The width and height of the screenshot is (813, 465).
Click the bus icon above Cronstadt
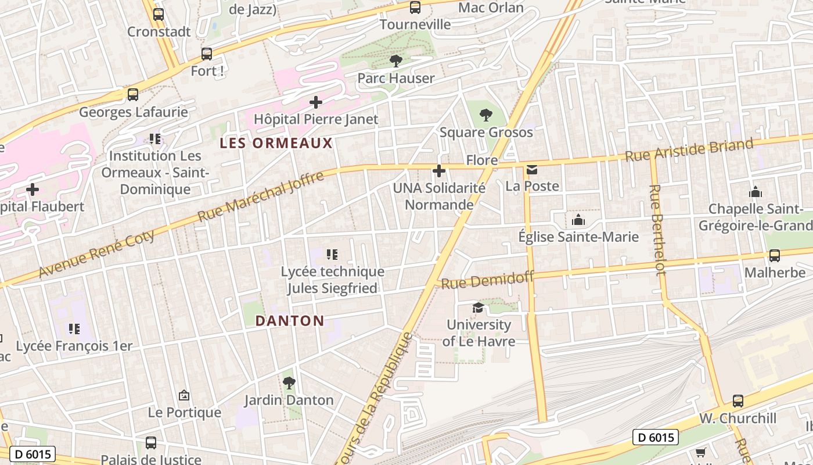[x=159, y=15]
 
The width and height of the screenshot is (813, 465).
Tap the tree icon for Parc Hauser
[x=395, y=60]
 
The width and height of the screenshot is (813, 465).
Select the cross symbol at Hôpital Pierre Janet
[x=316, y=103]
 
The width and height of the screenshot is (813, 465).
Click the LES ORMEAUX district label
[x=276, y=143]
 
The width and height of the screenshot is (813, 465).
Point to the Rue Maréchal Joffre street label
[x=261, y=196]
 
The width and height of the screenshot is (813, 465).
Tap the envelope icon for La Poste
[x=532, y=170]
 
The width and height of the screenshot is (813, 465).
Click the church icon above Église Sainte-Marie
[x=578, y=220]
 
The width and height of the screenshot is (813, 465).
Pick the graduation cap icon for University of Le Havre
[x=478, y=307]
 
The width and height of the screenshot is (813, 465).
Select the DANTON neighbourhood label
[x=290, y=321]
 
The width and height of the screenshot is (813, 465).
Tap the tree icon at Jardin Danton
[x=289, y=383]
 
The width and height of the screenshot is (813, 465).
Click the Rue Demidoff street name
[x=487, y=280]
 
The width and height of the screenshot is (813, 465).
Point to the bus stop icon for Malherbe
[x=774, y=256]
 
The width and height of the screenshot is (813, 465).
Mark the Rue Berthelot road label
[x=657, y=230]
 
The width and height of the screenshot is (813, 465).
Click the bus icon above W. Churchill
[x=738, y=401]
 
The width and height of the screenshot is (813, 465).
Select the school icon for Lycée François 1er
[x=74, y=329]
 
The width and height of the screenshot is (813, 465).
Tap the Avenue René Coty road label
[x=97, y=254]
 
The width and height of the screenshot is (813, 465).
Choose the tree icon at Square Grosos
[x=486, y=115]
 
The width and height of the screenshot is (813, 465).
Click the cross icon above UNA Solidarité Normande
[x=439, y=171]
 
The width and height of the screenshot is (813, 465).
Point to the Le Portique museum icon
[x=184, y=395]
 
